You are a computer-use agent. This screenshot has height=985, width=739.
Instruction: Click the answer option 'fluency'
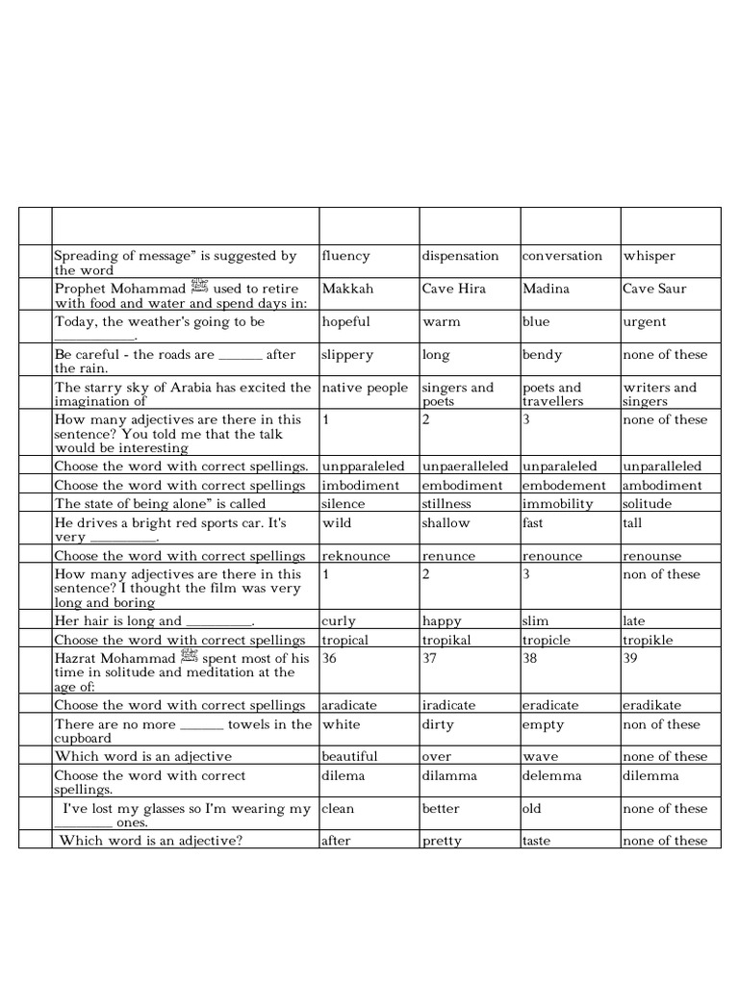346,256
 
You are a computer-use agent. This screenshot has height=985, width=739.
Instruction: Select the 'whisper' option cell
650,256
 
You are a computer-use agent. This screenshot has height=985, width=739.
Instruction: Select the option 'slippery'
348,355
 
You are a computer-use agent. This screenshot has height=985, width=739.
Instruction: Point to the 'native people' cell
366,388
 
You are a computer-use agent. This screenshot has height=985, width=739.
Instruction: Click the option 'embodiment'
463,486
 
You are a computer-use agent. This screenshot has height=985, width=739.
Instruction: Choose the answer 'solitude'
648,504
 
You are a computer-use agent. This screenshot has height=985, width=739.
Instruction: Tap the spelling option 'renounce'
552,556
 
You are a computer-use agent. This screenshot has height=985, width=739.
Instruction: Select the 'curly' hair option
339,621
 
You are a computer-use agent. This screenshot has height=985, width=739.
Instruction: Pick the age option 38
531,659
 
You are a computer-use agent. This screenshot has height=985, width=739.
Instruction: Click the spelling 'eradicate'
550,705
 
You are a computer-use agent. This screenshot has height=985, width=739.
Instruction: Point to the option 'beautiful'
350,757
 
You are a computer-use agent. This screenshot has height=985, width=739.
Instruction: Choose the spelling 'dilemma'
650,776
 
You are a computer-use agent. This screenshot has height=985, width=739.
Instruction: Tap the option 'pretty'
442,841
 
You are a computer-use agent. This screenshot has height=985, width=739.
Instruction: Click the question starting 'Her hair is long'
154,621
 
